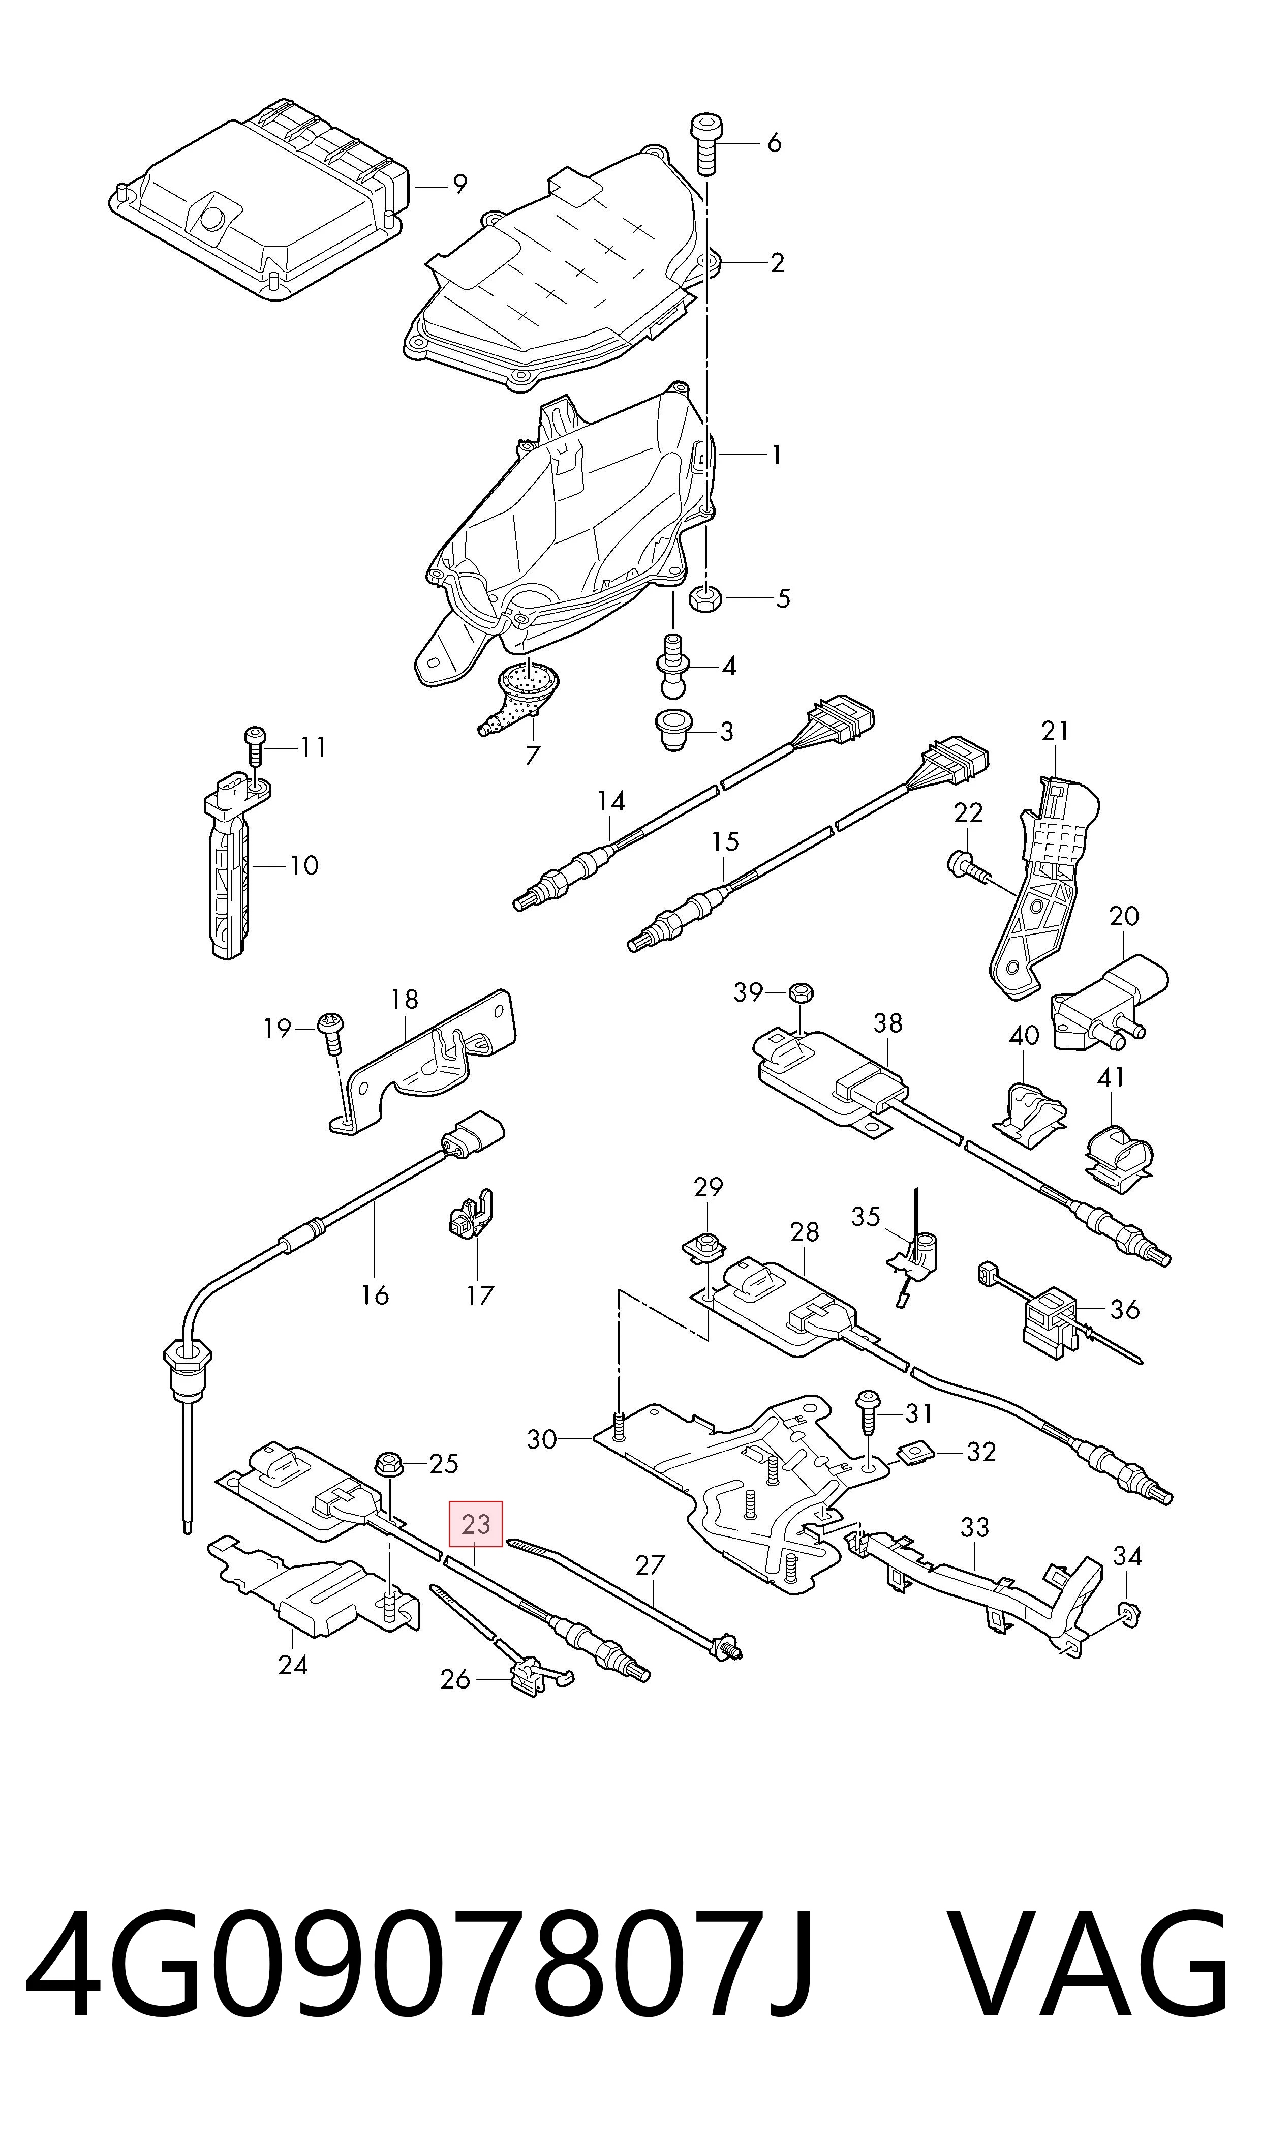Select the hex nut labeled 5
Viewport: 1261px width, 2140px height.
click(707, 598)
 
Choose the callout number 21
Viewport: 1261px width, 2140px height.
click(1055, 731)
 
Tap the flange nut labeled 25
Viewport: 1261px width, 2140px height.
click(389, 1463)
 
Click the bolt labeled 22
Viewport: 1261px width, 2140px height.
click(970, 868)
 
